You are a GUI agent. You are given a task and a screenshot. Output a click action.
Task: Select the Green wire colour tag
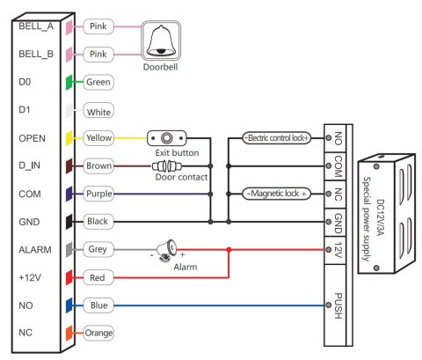97,83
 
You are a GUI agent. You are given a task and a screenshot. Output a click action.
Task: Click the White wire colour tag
98,112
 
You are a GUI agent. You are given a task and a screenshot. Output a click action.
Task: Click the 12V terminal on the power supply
338,249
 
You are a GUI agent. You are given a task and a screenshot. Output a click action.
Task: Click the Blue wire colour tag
97,305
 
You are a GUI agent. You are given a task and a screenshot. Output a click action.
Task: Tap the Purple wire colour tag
98,194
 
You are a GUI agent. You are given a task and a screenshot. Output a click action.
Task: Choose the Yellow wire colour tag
98,138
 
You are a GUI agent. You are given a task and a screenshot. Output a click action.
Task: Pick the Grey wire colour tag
97,249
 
